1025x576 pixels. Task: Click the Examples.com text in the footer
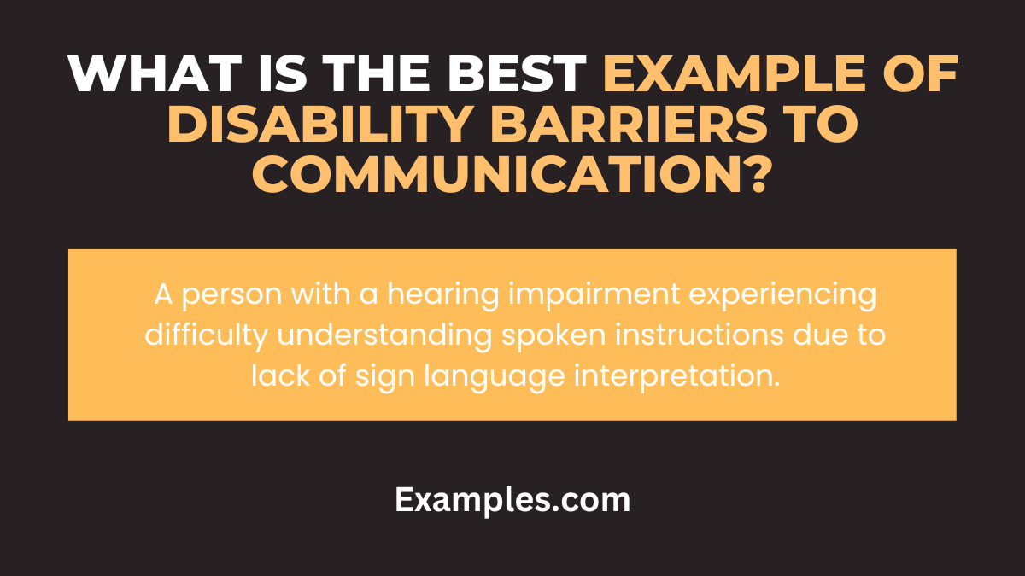[x=512, y=501]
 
